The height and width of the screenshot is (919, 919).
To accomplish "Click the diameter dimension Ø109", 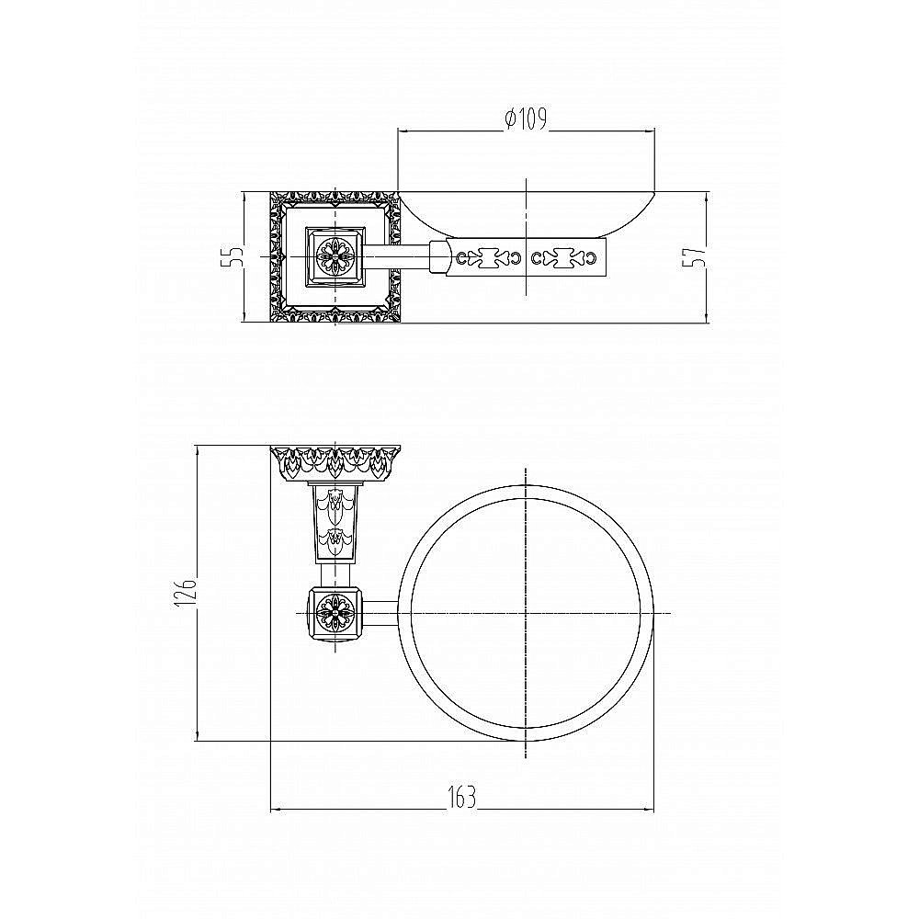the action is pos(526,119).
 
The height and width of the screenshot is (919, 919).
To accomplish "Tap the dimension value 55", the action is pos(232,256).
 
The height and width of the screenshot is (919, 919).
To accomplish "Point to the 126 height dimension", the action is pos(187,593).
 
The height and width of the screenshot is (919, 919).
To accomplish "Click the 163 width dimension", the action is pos(462,798).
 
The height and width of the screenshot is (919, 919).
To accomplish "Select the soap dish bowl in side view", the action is pos(526,214).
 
